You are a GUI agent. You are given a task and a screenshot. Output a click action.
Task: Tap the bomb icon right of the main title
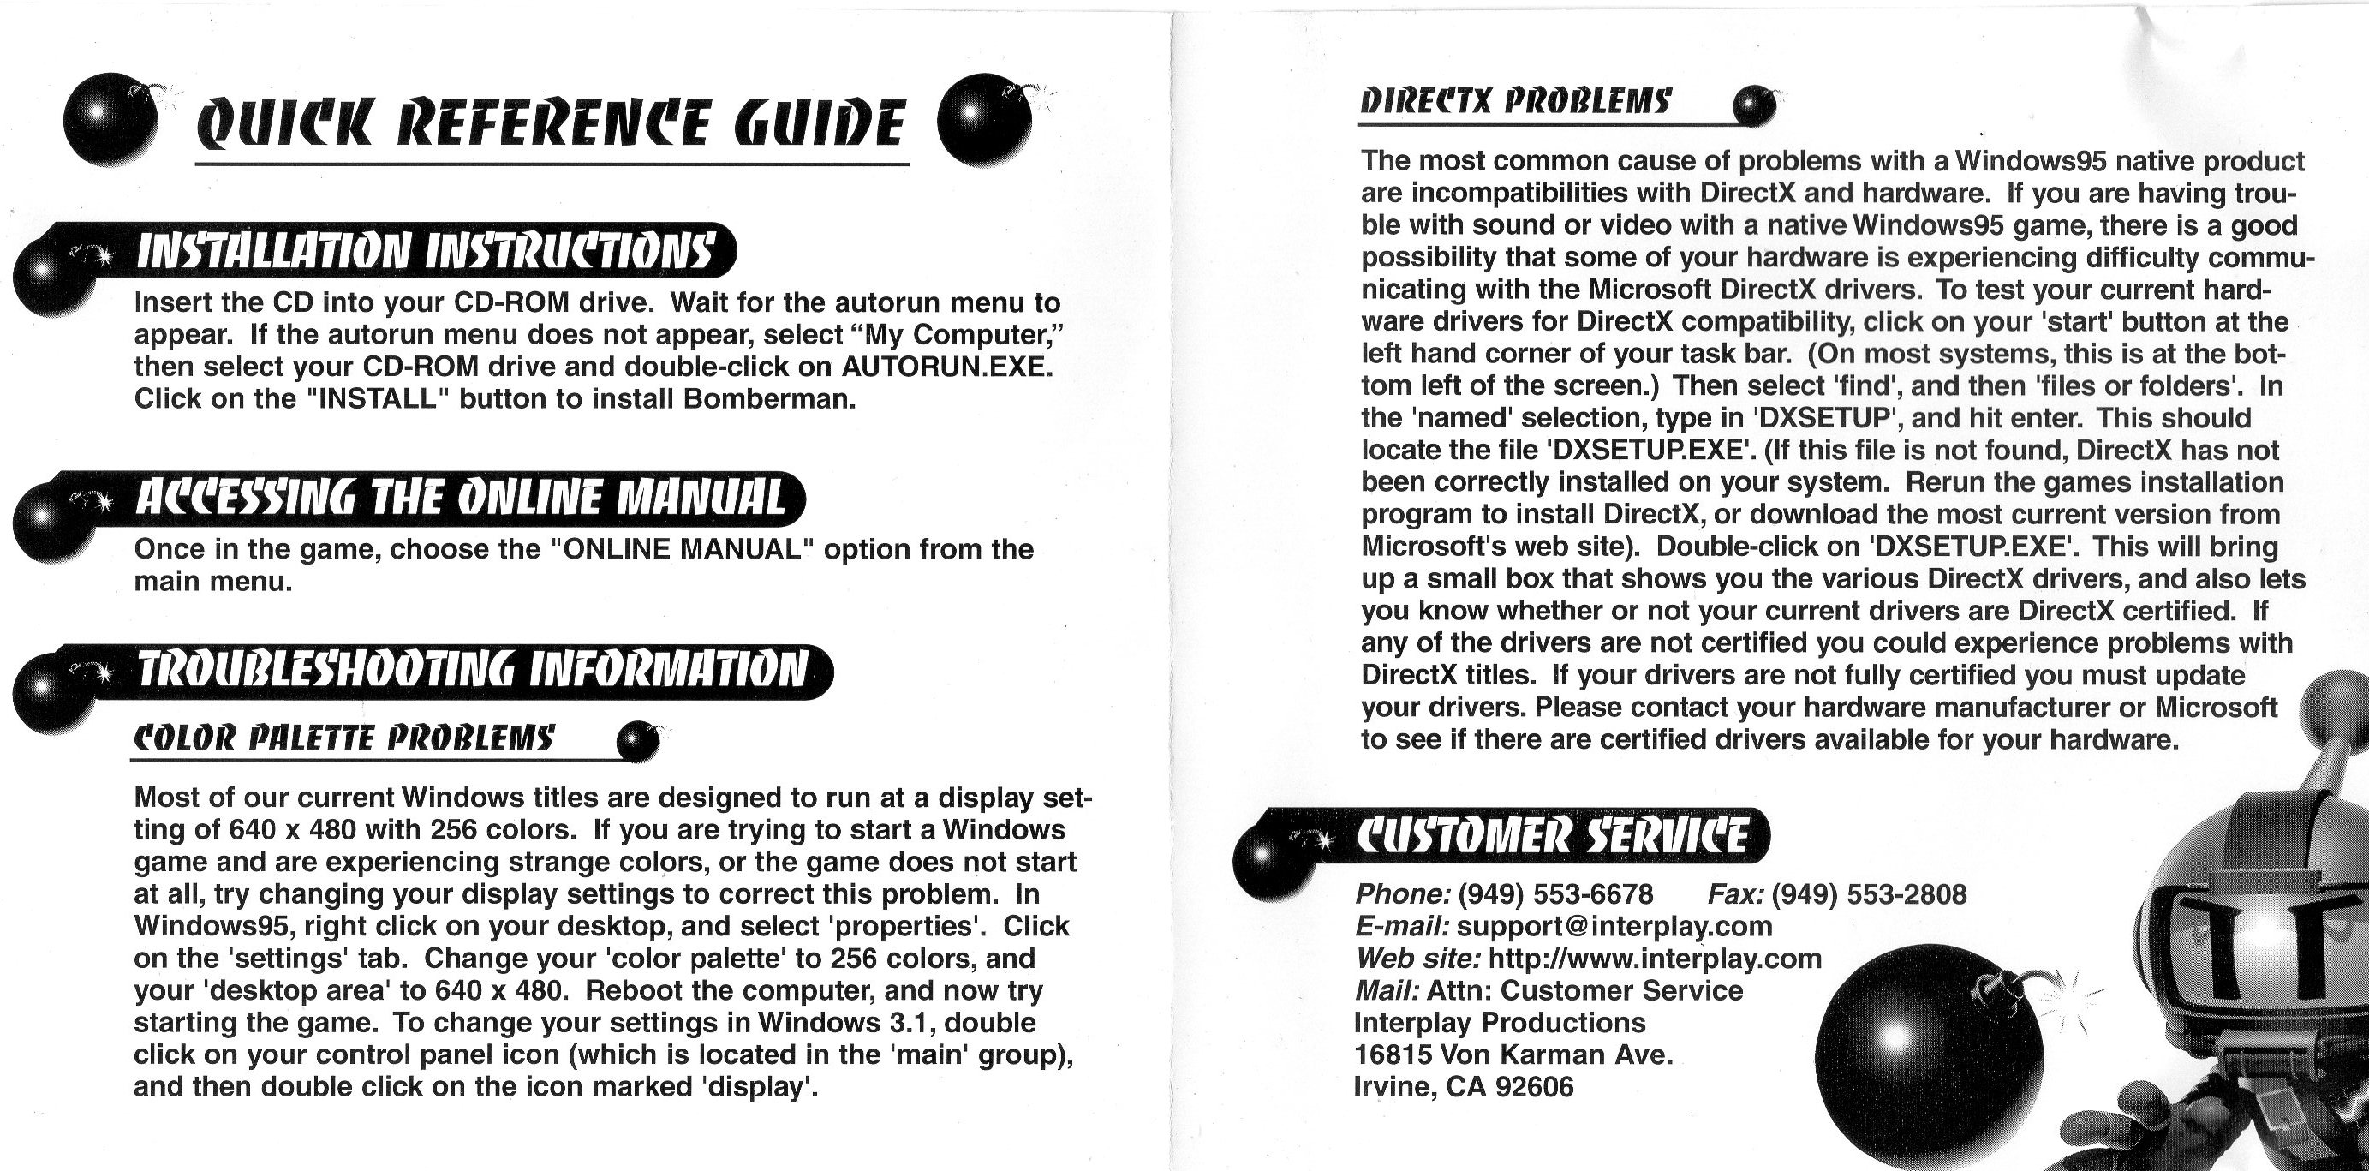(984, 120)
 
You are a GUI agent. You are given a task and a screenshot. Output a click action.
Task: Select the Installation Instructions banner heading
(425, 251)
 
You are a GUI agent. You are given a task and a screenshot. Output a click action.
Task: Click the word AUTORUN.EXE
(946, 366)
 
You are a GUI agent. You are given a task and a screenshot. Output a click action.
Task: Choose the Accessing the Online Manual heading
(460, 498)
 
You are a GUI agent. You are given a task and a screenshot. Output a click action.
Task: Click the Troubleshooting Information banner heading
(472, 671)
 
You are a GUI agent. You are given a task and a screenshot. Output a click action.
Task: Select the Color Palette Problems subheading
(344, 738)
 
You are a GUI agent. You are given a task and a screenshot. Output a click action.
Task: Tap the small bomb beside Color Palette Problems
(637, 742)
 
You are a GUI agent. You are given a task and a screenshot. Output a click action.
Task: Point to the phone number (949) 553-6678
(1555, 894)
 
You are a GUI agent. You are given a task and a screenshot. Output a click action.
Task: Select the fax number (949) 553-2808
(1869, 894)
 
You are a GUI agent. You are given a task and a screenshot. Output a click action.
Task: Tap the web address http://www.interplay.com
(1655, 959)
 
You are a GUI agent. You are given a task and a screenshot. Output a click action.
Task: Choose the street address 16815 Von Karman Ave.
(1513, 1054)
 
